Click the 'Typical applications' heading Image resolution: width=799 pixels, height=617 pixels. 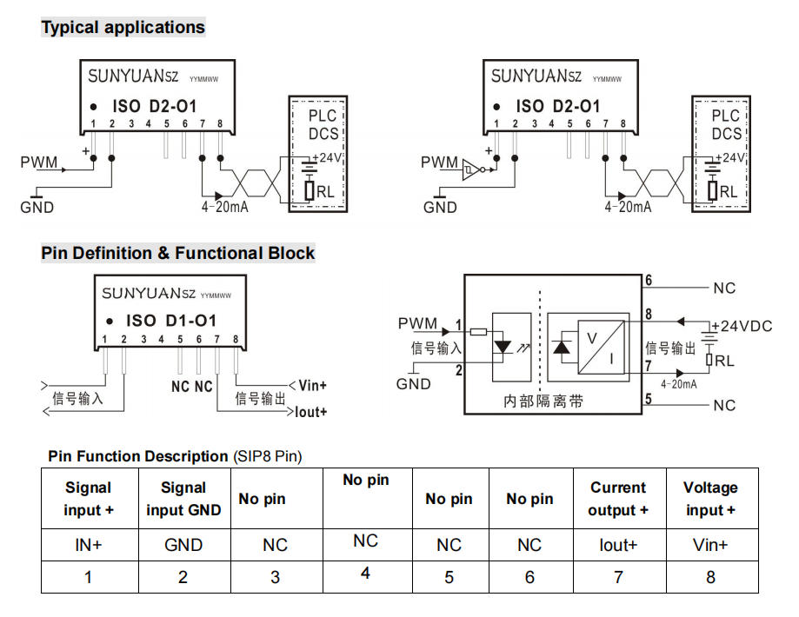[x=123, y=27]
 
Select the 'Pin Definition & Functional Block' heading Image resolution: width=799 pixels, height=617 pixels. [x=177, y=253]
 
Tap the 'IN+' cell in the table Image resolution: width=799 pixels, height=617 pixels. [x=88, y=546]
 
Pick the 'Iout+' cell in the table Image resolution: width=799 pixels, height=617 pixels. [x=618, y=546]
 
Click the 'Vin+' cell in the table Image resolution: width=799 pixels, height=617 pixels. [x=710, y=546]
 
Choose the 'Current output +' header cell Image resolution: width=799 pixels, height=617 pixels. [x=618, y=499]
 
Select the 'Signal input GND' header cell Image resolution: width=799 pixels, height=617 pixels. [x=183, y=499]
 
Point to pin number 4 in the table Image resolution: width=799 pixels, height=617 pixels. [x=365, y=574]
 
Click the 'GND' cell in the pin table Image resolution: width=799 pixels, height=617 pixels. [x=183, y=546]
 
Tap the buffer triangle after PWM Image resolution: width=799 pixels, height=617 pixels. [x=471, y=166]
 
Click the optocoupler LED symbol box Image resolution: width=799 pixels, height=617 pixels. [x=512, y=346]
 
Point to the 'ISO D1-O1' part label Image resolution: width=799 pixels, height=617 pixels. [x=170, y=321]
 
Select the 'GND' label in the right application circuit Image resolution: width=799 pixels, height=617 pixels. [x=440, y=207]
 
